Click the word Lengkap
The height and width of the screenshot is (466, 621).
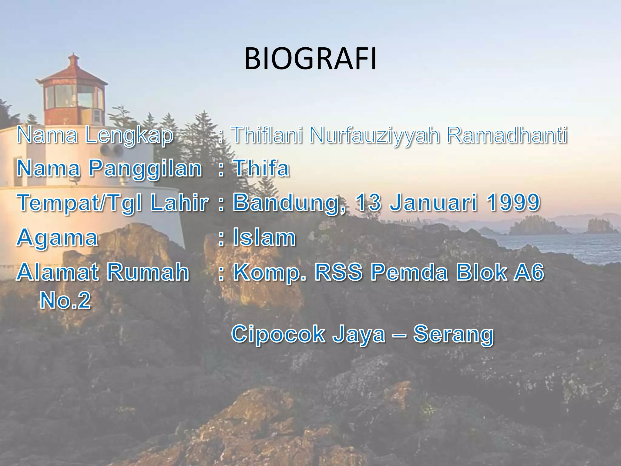click(129, 135)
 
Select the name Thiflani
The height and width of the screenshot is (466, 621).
click(267, 135)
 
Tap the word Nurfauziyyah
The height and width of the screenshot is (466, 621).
click(374, 135)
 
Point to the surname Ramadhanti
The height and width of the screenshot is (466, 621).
click(507, 135)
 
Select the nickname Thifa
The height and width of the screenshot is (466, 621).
click(261, 168)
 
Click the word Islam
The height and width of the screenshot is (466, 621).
click(264, 237)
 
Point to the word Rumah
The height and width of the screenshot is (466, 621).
click(148, 272)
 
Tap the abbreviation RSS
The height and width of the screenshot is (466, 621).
click(338, 272)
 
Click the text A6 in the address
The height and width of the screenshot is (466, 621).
click(529, 272)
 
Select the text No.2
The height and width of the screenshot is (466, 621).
click(65, 300)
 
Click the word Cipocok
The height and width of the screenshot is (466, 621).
click(278, 334)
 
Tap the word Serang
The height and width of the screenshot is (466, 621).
click(454, 334)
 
